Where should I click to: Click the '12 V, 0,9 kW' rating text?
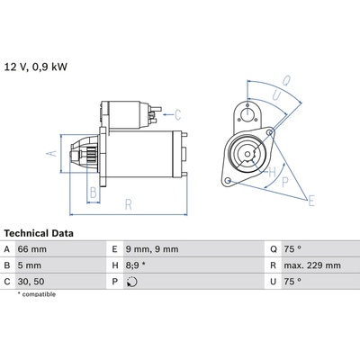click(x=36, y=67)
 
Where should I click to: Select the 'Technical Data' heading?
click(x=39, y=233)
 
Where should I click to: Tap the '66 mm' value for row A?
click(x=32, y=249)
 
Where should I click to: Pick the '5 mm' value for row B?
click(x=30, y=265)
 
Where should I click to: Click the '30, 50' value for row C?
click(x=31, y=282)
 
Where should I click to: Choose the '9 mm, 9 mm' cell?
click(x=152, y=249)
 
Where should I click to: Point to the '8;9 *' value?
click(x=135, y=265)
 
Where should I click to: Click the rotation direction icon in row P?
click(x=132, y=282)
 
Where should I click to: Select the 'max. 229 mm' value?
click(x=312, y=265)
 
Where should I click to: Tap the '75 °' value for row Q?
click(x=292, y=249)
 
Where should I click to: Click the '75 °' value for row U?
click(x=292, y=282)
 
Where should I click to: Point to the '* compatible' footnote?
click(x=37, y=294)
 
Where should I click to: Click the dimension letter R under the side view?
click(x=129, y=204)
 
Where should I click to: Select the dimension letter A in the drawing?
click(x=52, y=153)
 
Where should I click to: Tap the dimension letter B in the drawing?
click(x=94, y=193)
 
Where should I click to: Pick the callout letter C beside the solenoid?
click(x=177, y=115)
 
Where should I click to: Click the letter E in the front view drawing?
click(x=311, y=201)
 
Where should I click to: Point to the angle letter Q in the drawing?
click(x=287, y=80)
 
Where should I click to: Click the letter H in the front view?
click(x=272, y=173)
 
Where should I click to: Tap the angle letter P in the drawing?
click(x=285, y=182)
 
